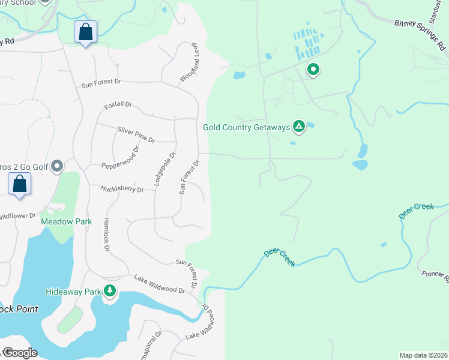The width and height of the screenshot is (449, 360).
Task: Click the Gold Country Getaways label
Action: coord(246,127)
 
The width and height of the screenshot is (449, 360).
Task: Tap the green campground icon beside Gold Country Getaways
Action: coord(298,126)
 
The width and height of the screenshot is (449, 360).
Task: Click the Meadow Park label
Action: coord(66,221)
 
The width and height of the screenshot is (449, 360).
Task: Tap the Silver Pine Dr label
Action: coord(136,134)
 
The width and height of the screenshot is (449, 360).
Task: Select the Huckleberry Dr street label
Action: coord(122,189)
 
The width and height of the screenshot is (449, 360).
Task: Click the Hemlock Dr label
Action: coord(107,234)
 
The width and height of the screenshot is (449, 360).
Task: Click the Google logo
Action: coord(20,353)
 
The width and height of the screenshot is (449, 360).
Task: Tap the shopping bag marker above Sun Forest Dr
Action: coord(86,32)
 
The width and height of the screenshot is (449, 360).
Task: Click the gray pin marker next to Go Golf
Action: coord(57,166)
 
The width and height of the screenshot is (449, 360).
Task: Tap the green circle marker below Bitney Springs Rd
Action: coord(313,70)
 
